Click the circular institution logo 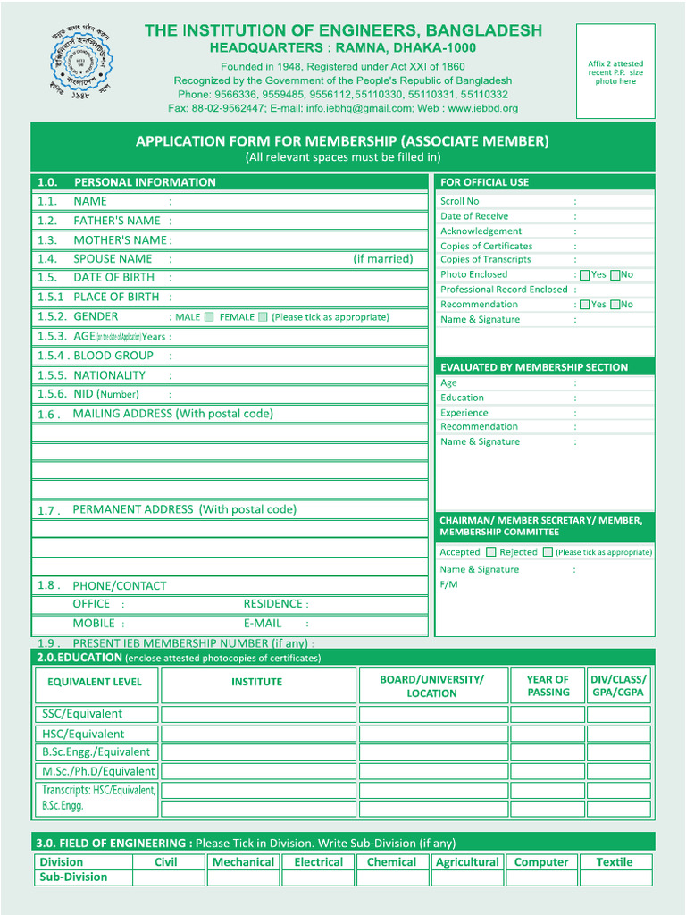click(81, 64)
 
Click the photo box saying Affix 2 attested click(615, 71)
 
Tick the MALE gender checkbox click(209, 316)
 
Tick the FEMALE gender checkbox click(263, 316)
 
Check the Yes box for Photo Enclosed click(584, 275)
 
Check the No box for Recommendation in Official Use click(615, 305)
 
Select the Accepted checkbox click(490, 552)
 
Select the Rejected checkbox click(548, 552)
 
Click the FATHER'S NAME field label click(116, 221)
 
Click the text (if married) click(382, 259)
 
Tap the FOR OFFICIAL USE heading click(484, 182)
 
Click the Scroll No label click(459, 202)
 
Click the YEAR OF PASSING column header click(548, 685)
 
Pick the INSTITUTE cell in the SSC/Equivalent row click(257, 714)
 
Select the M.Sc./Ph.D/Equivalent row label click(97, 771)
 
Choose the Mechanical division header click(243, 862)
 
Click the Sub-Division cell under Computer click(540, 877)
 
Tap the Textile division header click(614, 862)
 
